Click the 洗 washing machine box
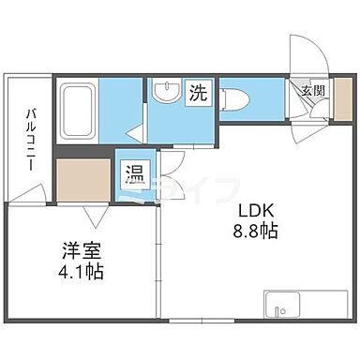[199, 93]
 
